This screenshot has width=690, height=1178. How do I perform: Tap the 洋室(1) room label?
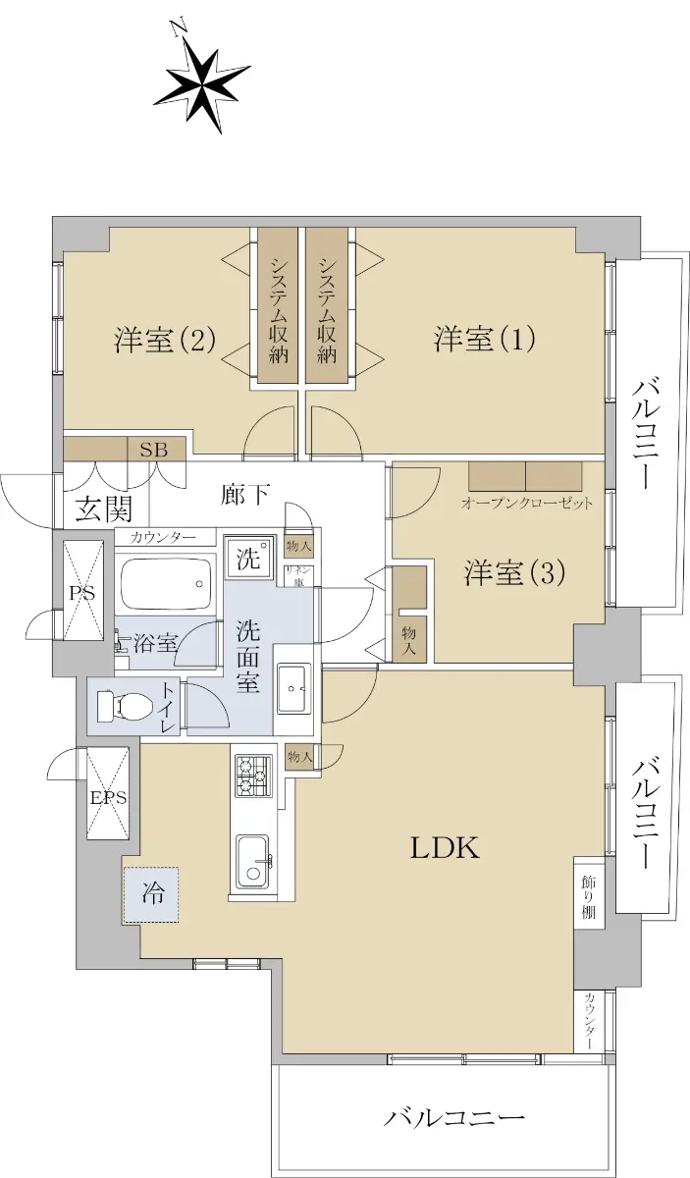point(484,339)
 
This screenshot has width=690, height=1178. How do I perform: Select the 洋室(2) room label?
point(165,340)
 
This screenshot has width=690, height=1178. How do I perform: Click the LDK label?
point(445,848)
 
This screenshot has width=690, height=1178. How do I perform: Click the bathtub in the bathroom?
point(166,583)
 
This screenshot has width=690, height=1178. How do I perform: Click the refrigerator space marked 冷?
point(151,894)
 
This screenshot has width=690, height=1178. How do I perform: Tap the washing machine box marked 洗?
point(248,558)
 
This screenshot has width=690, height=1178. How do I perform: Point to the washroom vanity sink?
point(294,688)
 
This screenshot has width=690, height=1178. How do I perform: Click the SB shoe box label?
point(153,450)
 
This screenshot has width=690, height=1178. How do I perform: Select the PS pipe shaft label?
point(82,593)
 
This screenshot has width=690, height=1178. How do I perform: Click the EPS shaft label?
point(108,798)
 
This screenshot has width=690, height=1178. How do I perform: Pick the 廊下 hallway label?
point(245,495)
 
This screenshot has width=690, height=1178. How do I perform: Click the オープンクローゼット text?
point(526,504)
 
